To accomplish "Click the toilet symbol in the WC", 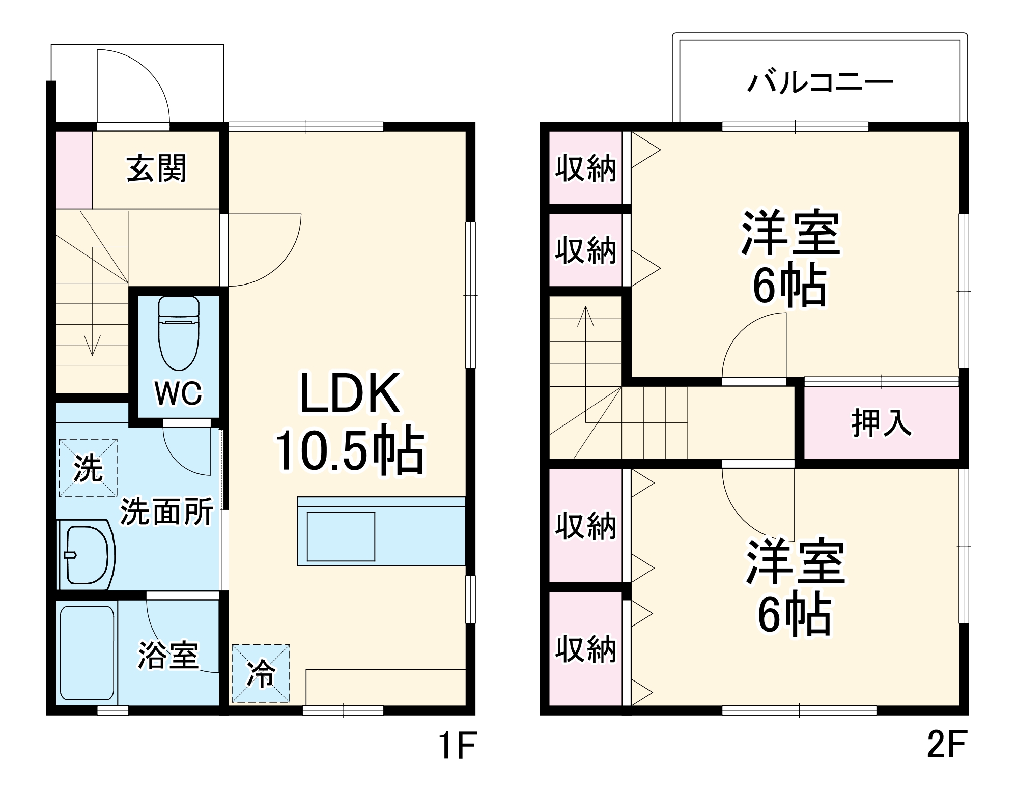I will click(178, 333).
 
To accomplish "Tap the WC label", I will click(178, 393).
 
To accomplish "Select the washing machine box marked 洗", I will click(88, 468).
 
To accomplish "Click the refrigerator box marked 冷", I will click(261, 673).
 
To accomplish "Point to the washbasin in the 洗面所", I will click(87, 555).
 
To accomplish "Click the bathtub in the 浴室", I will click(87, 653).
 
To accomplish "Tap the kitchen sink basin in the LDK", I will click(341, 536).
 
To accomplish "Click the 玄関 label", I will click(156, 168).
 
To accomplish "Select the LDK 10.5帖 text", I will click(350, 422).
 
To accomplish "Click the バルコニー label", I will click(820, 82).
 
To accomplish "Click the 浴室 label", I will click(168, 655).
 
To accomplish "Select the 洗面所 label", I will click(166, 512).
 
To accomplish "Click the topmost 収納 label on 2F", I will click(585, 168).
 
